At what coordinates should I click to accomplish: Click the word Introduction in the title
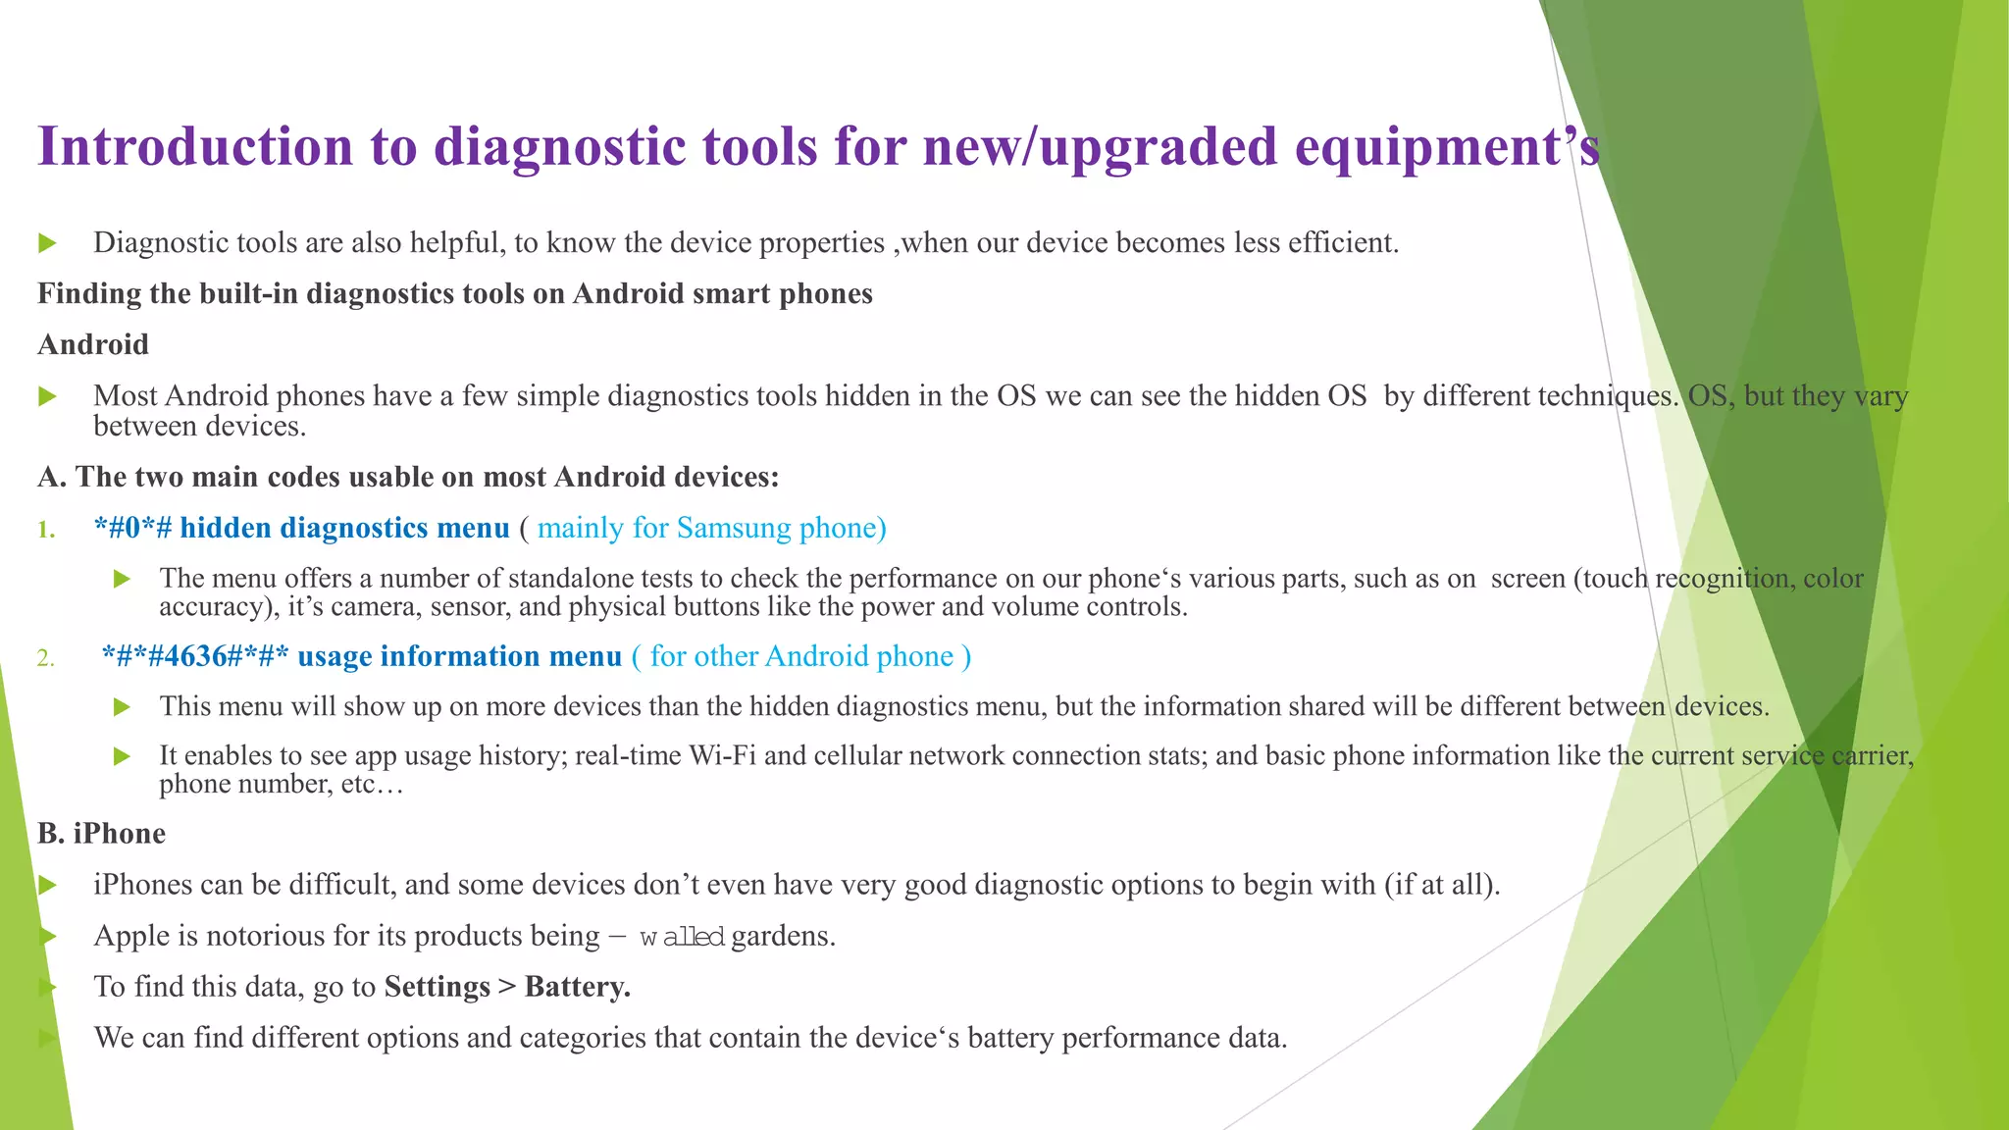pos(194,147)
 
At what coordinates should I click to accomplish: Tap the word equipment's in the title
pos(1447,147)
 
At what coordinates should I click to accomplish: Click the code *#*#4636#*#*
pos(195,656)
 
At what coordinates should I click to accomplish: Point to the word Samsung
pos(734,528)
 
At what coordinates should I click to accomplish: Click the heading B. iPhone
pos(101,834)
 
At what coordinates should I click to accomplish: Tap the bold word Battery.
pos(578,987)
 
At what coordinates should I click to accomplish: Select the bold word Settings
pos(437,987)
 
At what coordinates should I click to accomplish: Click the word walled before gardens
pos(682,937)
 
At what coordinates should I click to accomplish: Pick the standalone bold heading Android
pos(93,344)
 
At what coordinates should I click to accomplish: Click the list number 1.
pos(45,530)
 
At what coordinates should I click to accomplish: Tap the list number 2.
pos(45,658)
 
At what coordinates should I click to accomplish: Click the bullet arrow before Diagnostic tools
pos(47,243)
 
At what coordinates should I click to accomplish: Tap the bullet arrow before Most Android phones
pos(47,396)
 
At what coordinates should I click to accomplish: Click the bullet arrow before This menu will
pos(122,707)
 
